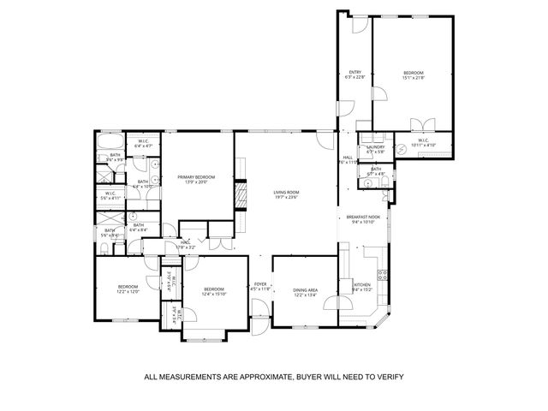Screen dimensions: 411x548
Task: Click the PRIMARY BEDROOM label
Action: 196,176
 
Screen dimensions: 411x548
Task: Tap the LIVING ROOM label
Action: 285,192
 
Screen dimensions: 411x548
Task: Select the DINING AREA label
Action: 304,290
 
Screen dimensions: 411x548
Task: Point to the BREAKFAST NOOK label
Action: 362,217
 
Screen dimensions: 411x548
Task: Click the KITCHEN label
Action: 361,284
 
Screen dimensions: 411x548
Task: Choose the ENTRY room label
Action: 355,72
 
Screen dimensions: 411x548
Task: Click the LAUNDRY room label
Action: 376,146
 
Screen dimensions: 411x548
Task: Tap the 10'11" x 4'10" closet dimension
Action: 423,146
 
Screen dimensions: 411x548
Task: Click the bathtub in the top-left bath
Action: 109,141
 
